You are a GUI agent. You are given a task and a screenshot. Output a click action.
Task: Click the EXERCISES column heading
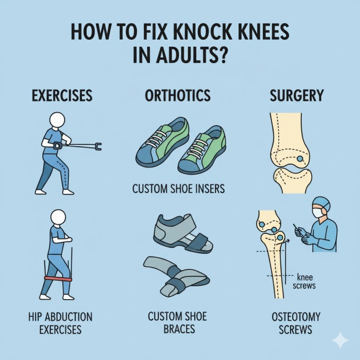[62, 96]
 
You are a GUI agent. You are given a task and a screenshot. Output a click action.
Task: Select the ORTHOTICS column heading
[177, 96]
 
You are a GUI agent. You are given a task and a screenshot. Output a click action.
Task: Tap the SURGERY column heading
[297, 96]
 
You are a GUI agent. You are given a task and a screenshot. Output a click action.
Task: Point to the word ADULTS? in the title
[192, 55]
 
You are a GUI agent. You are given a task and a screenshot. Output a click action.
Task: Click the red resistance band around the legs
[58, 279]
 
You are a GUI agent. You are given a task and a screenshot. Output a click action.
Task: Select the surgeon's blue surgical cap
[322, 203]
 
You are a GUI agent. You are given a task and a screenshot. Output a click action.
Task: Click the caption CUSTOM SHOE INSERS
[178, 189]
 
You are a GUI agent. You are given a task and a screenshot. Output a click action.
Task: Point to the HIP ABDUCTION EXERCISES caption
[60, 323]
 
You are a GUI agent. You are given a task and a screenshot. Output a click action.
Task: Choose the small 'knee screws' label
[304, 282]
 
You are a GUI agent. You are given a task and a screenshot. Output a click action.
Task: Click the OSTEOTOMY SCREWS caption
[296, 323]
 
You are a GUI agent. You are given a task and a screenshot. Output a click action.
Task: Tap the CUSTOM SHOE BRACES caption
[177, 323]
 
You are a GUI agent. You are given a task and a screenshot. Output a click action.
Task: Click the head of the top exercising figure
[57, 120]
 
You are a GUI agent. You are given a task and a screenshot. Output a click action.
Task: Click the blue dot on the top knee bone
[300, 158]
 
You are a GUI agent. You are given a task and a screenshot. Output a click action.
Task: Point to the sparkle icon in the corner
[340, 340]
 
